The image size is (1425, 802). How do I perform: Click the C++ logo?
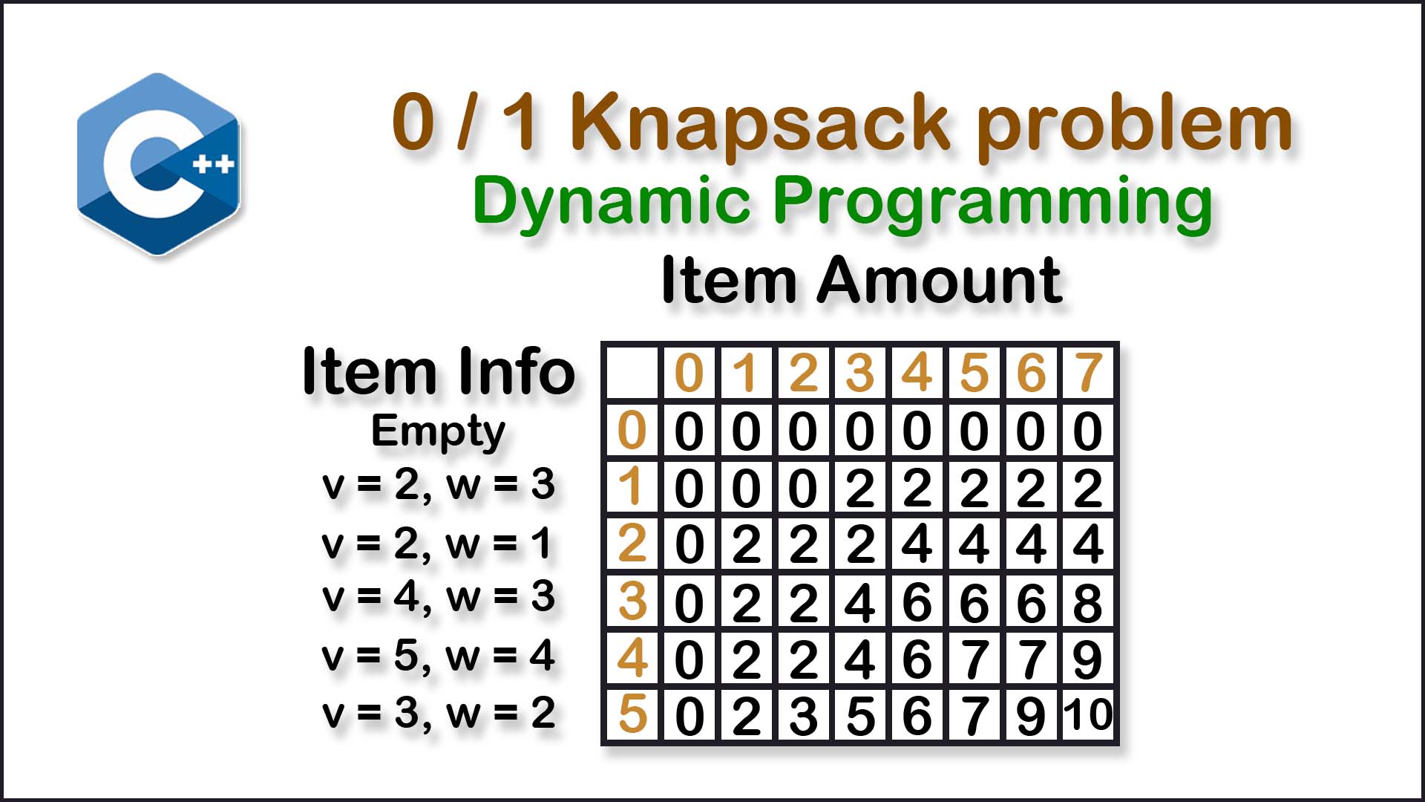pos(158,164)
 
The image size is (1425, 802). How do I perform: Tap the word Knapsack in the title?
pos(759,123)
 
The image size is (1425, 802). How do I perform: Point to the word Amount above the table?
pos(939,280)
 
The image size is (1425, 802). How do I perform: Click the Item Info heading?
pos(439,371)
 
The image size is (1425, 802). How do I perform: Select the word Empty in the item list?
pos(438,431)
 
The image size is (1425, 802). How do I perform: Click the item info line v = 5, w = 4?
pos(438,656)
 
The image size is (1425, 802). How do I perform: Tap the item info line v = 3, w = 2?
pos(438,714)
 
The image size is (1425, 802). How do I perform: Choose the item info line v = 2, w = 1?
pos(436,544)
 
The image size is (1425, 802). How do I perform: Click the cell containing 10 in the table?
pos(1088,715)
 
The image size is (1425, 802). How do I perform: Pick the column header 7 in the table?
pos(1088,372)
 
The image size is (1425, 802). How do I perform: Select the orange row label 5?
pos(632,714)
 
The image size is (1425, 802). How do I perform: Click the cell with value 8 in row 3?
pos(1088,602)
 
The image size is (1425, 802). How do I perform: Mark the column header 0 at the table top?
pos(689,372)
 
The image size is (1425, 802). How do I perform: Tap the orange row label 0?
pos(632,430)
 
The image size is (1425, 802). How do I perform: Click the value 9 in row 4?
pos(1088,659)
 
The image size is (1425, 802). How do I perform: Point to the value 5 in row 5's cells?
pos(860,716)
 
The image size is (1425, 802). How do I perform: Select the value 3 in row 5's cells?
pos(804,716)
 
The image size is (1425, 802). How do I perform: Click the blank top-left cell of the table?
pos(632,372)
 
